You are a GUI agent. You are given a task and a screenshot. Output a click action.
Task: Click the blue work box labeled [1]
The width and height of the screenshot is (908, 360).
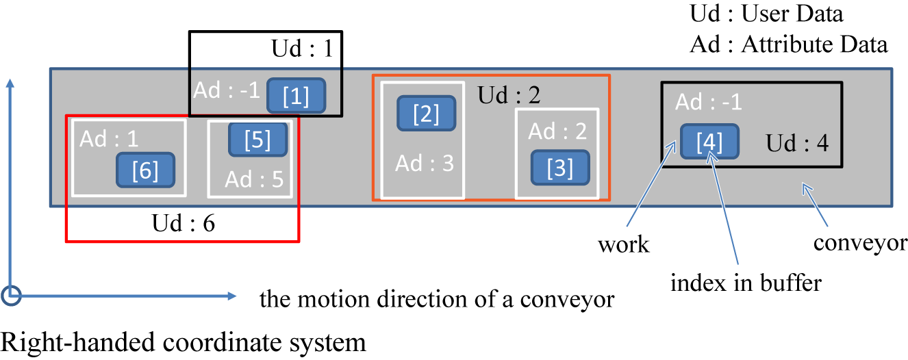tap(296, 96)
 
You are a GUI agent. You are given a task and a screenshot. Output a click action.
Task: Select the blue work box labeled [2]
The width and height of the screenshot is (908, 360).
tap(427, 114)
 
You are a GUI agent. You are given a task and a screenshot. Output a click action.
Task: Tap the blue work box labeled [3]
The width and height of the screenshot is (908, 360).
tap(560, 168)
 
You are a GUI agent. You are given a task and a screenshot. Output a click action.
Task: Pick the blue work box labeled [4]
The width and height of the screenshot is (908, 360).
tap(709, 142)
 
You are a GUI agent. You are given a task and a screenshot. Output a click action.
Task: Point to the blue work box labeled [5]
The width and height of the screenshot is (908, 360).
tap(257, 140)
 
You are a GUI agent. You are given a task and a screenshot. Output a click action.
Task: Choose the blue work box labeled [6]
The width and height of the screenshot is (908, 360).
tap(145, 170)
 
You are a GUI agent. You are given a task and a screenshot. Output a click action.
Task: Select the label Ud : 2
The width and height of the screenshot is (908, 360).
tap(509, 94)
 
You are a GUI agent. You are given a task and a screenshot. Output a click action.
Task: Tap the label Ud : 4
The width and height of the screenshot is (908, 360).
tap(797, 144)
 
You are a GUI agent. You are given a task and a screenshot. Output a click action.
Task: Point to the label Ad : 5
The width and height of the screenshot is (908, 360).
tap(254, 179)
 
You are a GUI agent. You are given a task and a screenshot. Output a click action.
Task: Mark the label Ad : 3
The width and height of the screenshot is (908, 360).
tap(425, 164)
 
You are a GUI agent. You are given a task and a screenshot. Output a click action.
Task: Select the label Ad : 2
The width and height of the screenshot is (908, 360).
tap(557, 131)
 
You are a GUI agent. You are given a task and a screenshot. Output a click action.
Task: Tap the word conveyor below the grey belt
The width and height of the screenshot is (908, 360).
tap(860, 243)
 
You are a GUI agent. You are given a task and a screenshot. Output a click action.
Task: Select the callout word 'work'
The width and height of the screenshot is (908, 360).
tap(623, 245)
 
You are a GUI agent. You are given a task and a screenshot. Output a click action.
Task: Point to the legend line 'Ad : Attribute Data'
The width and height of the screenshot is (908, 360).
tap(789, 44)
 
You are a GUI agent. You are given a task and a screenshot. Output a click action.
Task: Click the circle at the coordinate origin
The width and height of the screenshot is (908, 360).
tap(11, 295)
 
